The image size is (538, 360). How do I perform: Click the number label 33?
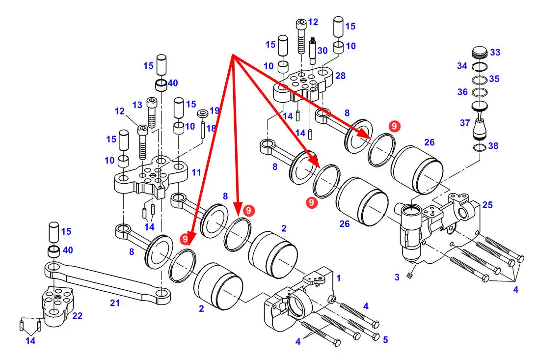495,52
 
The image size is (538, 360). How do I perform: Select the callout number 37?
465,123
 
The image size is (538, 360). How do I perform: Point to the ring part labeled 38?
480,147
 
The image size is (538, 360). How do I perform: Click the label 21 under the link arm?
114,304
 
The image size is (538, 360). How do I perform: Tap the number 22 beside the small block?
77,316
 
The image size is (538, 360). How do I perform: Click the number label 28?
340,76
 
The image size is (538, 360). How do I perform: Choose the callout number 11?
196,172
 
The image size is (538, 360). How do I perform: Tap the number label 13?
137,105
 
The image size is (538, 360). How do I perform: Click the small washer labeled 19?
202,114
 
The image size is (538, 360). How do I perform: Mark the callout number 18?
211,128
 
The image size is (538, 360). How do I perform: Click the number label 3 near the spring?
397,277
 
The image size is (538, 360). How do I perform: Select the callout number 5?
385,339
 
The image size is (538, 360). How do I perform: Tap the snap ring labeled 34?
479,67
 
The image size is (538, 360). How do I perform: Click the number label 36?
462,92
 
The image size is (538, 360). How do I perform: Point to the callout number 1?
338,278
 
